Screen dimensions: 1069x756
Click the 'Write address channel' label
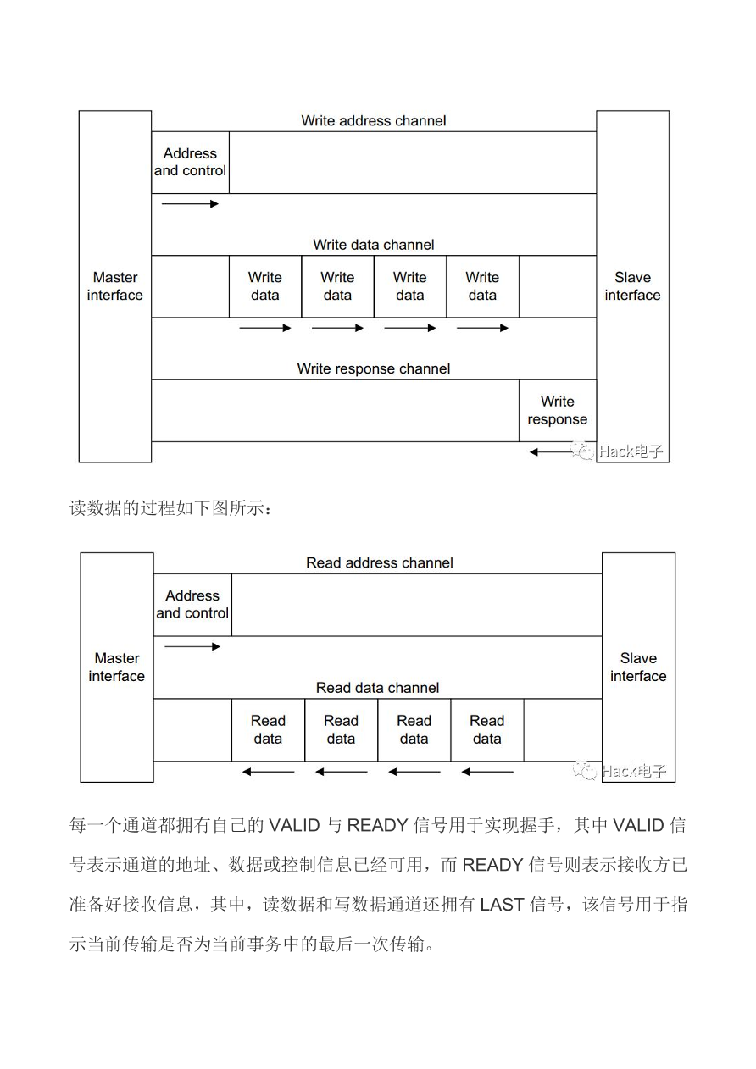point(373,121)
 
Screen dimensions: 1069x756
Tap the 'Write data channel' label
point(373,245)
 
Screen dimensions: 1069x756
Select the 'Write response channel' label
point(373,368)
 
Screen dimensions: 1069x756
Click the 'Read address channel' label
point(379,562)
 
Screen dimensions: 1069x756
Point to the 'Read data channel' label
point(377,688)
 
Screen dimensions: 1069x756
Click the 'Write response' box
point(557,411)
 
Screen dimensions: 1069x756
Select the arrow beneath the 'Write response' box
point(551,452)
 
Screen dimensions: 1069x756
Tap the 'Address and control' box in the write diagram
point(190,162)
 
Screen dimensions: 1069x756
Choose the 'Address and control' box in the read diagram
point(192,604)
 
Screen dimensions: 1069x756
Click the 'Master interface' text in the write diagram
point(115,286)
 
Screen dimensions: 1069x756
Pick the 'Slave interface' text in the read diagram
point(638,667)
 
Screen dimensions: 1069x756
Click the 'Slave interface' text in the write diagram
point(632,286)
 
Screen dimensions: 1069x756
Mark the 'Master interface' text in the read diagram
point(117,667)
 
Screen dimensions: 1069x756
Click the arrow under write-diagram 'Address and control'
point(190,204)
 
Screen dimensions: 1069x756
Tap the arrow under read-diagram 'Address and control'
point(192,646)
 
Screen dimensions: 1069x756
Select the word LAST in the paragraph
point(503,904)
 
